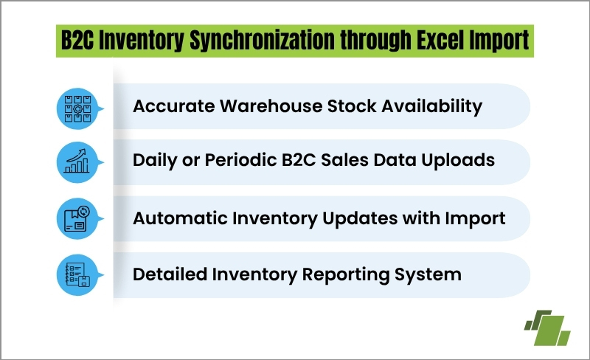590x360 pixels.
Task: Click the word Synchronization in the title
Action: [x=263, y=41]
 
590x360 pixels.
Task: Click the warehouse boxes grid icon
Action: [x=77, y=109]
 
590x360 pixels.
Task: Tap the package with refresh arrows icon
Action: [x=77, y=218]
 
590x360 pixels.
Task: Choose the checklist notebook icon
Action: [x=78, y=275]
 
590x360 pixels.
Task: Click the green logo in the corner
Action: [x=547, y=328]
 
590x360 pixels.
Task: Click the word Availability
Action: [x=432, y=106]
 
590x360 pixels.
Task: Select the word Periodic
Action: [x=241, y=160]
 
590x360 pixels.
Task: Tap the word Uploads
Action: [x=458, y=161]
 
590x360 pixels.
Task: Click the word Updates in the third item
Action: [x=360, y=219]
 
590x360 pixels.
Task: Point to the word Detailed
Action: [x=170, y=274]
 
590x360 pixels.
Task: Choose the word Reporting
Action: [x=346, y=275]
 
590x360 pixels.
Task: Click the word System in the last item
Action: [x=428, y=275]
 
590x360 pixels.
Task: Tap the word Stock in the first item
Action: [x=352, y=105]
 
